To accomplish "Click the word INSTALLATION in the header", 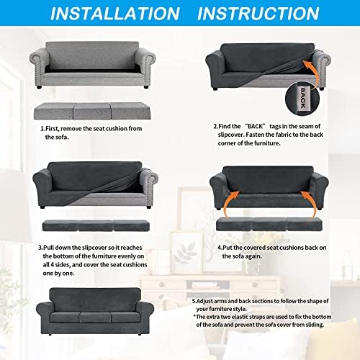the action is pos(115,14).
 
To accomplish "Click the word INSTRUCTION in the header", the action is pos(258,14).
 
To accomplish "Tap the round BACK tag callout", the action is pos(302,98).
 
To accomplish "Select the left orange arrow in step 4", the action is pos(228,204).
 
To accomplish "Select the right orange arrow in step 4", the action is pos(310,204).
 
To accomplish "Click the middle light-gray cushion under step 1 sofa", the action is pos(91,111).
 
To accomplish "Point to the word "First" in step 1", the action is pos(52,129).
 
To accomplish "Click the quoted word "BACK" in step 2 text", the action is pos(255,126).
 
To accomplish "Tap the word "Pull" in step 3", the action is pos(49,248).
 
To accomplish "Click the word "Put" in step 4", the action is pos(227,248).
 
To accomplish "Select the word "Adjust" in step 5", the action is pos(204,301).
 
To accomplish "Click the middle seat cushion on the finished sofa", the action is pos(95,318).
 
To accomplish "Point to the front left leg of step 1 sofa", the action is pos(39,86).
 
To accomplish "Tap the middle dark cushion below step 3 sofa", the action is pos(96,226).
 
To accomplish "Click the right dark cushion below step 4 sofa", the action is pos(305,225).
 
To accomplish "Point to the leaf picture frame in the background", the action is pos(186,253).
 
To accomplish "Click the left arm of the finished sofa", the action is pos(45,315).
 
